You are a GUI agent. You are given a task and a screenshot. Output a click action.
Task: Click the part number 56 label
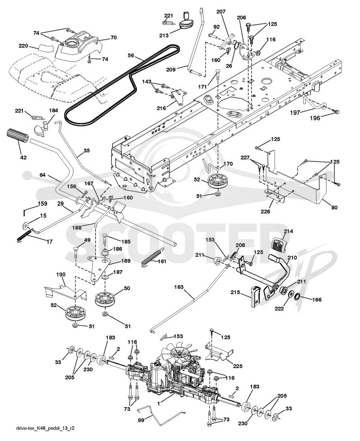[131, 55]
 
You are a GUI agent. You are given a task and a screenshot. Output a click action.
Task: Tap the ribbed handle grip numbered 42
[18, 136]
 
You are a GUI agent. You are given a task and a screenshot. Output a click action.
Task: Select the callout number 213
[164, 35]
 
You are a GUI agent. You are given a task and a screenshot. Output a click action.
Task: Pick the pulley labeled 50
[105, 299]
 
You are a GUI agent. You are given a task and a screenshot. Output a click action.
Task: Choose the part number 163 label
[179, 287]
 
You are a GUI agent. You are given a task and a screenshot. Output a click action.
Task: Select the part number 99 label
[141, 420]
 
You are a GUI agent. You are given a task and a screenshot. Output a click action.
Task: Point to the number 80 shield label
[334, 208]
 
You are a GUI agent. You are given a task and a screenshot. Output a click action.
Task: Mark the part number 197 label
[295, 113]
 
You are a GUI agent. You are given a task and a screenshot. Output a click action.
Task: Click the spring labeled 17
[24, 235]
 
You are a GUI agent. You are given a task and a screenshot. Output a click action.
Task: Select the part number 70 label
[113, 37]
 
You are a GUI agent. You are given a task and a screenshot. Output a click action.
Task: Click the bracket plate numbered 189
[98, 267]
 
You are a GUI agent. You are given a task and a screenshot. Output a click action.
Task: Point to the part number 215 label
[235, 292]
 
